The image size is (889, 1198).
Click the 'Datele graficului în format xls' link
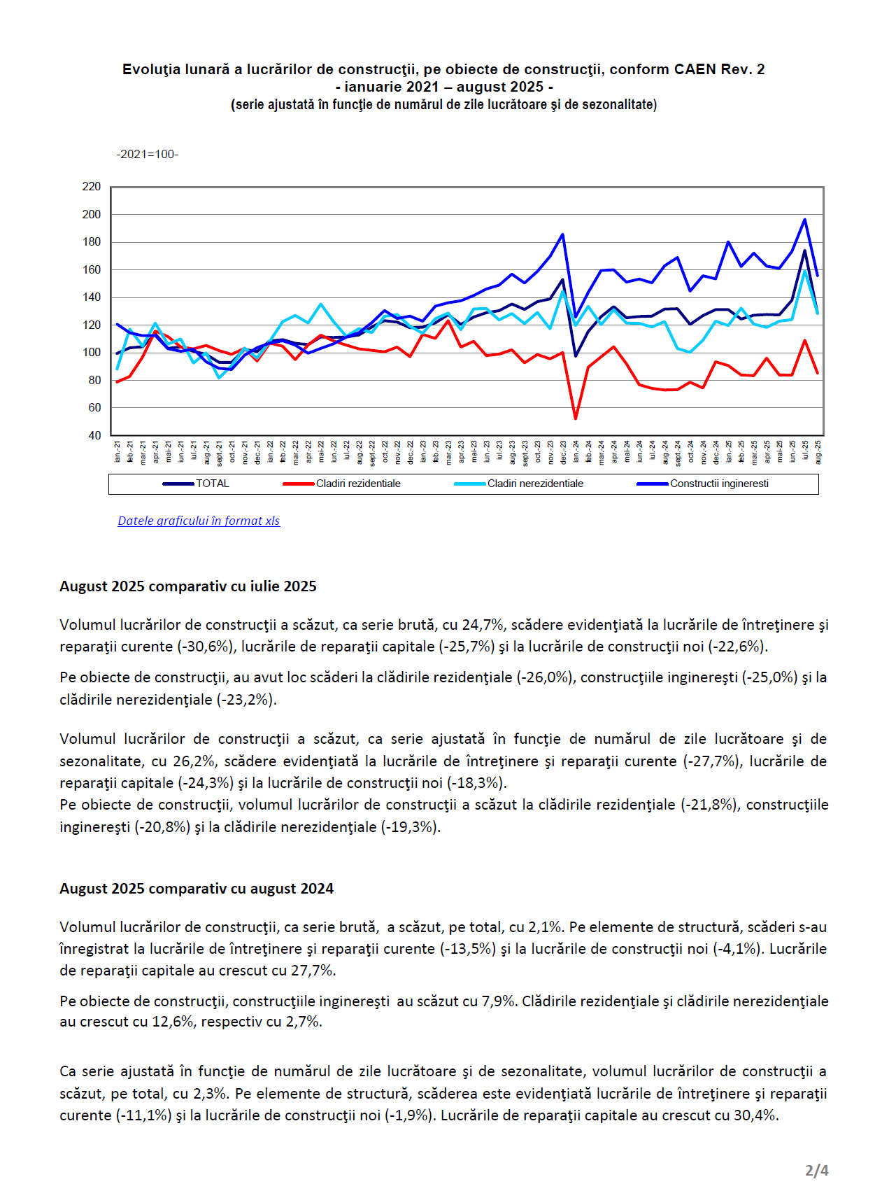[x=199, y=521]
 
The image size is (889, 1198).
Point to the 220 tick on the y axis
[x=92, y=187]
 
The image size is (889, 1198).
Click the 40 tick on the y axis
[x=94, y=435]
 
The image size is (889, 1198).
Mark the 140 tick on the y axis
[x=92, y=297]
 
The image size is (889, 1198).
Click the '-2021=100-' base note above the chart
[x=148, y=154]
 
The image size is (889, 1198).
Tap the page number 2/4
[x=816, y=1170]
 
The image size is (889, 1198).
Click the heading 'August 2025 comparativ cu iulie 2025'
[x=188, y=586]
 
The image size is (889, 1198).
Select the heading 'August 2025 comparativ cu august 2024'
[x=197, y=889]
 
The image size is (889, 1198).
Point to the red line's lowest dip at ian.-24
[x=576, y=418]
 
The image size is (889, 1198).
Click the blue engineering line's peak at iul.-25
[x=804, y=220]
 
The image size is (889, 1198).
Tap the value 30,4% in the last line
[x=755, y=1115]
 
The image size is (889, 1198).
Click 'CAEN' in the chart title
[x=695, y=69]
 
